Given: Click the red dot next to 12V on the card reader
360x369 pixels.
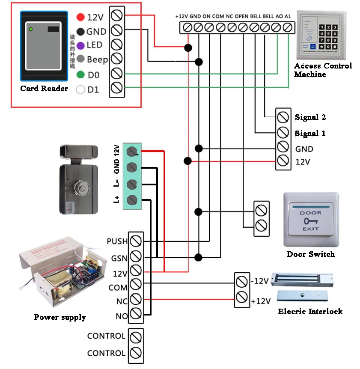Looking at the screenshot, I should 80,17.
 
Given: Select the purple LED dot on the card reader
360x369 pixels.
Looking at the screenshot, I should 80,45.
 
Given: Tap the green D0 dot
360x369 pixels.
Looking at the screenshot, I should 80,75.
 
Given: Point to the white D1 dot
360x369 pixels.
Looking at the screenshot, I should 80,90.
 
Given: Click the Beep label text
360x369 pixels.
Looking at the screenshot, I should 98,60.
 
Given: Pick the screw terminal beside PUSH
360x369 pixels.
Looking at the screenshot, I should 136,241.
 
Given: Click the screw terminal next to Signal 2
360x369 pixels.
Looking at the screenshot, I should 283,117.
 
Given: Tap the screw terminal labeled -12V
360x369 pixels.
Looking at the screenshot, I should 241,282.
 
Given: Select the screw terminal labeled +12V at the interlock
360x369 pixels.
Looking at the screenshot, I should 241,297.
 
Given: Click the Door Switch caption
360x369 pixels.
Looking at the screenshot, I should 310,254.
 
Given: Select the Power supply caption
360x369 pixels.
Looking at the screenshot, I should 60,317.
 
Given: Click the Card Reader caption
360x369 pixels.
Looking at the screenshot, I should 44,89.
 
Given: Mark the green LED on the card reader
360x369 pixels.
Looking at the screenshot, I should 30,30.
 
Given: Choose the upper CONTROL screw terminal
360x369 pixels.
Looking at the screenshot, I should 136,336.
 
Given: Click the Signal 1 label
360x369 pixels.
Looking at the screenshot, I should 310,134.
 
